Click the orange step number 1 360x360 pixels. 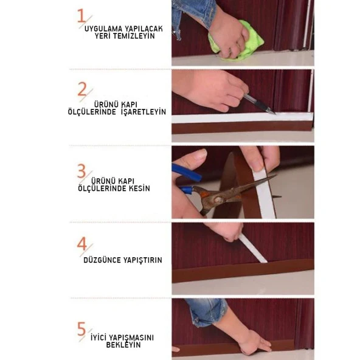click(x=81, y=16)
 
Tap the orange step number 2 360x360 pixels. click(x=82, y=89)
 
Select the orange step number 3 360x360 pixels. click(x=81, y=171)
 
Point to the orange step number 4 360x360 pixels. click(x=82, y=244)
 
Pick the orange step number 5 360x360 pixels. click(x=81, y=328)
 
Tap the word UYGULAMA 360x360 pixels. click(x=103, y=29)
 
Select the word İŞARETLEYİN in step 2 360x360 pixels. click(x=144, y=112)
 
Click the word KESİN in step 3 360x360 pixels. click(x=139, y=189)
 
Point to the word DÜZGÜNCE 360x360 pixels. click(x=102, y=260)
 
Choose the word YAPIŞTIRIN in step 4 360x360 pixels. click(x=143, y=260)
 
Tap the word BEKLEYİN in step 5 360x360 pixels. click(x=123, y=345)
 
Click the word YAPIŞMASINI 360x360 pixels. click(x=131, y=337)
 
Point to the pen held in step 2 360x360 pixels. click(x=259, y=104)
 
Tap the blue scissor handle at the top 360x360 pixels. click(x=186, y=172)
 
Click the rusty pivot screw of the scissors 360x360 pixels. click(x=218, y=199)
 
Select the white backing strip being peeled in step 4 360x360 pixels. click(x=252, y=249)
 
